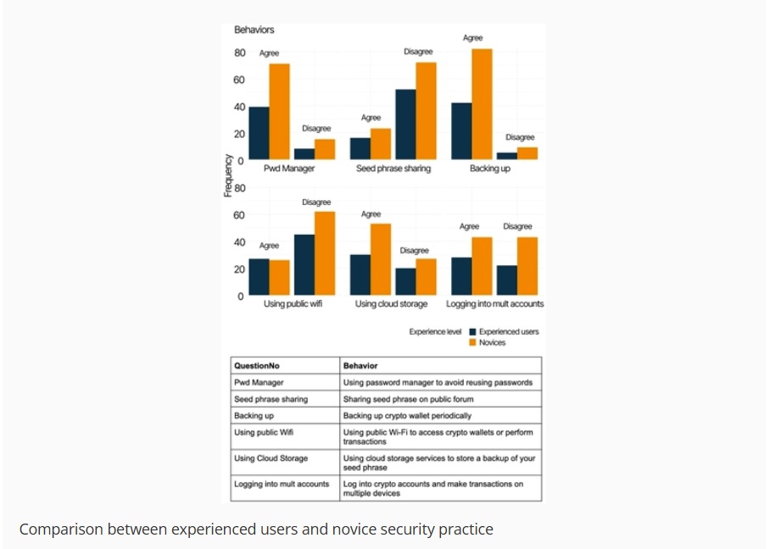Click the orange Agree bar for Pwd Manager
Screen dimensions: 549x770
[280, 111]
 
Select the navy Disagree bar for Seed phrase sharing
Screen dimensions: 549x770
[405, 124]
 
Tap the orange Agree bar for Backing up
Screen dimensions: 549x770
[482, 103]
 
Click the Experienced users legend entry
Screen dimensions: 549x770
[508, 331]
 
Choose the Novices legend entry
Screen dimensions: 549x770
[491, 342]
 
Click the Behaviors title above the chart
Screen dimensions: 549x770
[254, 30]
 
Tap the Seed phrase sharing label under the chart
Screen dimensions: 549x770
[393, 169]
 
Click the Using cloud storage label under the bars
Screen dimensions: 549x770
[391, 303]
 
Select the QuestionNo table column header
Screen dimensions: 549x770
[257, 366]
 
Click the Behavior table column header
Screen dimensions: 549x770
[360, 366]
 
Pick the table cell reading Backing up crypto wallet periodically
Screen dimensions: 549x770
[407, 416]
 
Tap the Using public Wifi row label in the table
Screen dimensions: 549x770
[265, 432]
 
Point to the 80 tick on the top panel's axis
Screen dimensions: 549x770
[240, 53]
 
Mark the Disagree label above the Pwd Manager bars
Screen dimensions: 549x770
[316, 129]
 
